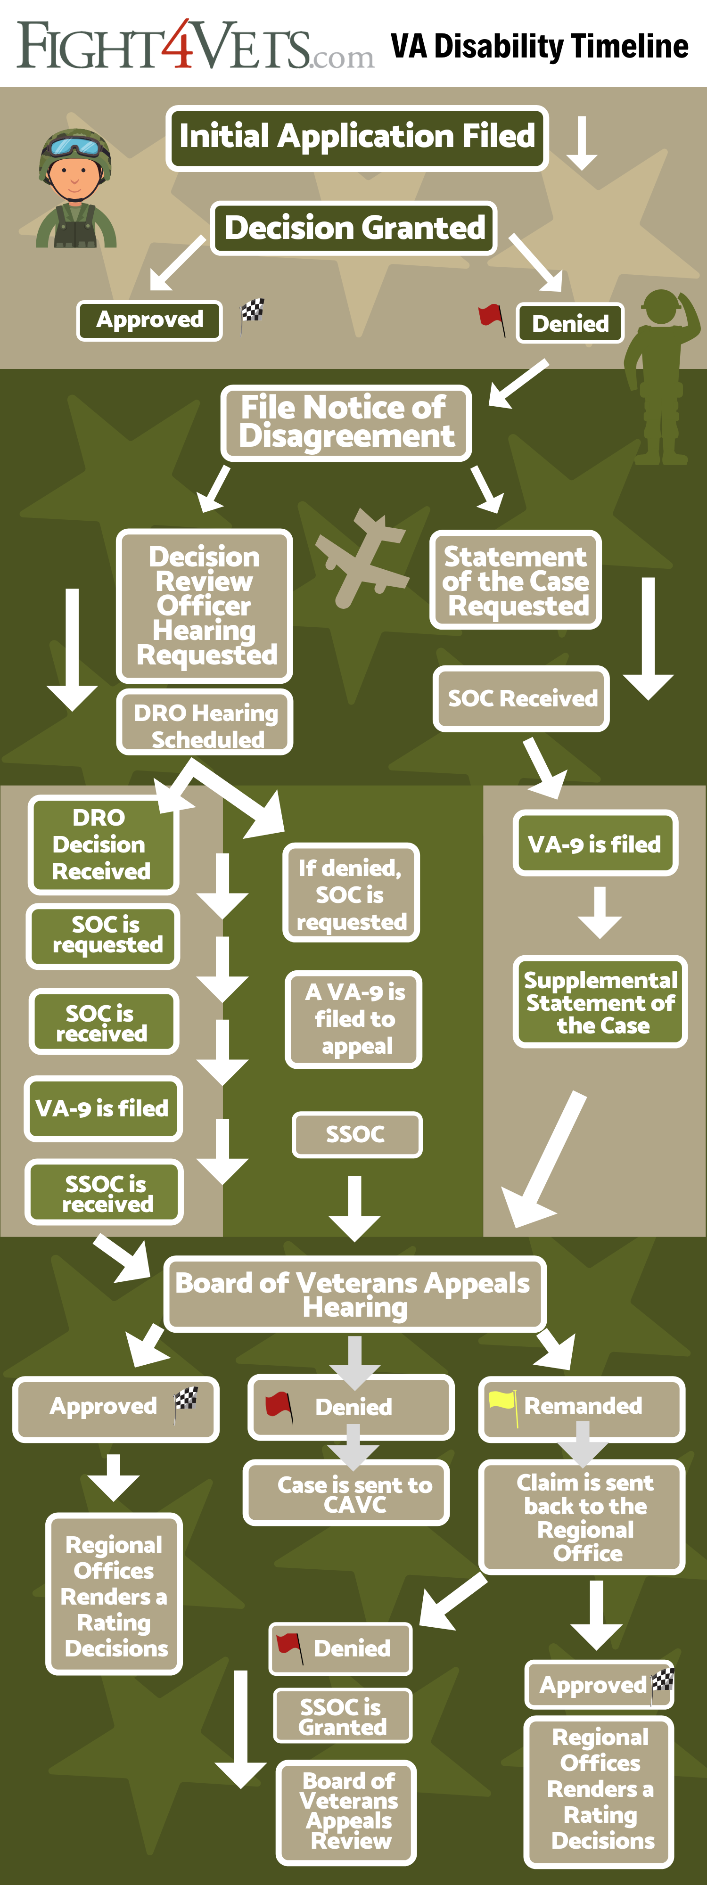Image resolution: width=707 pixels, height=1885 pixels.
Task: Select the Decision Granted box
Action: pos(353,228)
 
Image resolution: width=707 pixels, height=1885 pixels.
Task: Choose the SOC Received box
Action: pos(521,698)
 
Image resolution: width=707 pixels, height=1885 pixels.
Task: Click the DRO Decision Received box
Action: pos(102,844)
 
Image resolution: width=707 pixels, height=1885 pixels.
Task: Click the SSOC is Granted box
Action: pos(343,1716)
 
